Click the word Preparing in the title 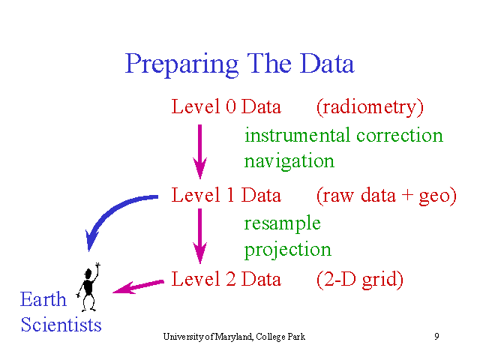click(x=181, y=65)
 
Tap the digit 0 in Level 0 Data click(x=231, y=106)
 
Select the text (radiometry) click(x=370, y=108)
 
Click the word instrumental click(x=297, y=135)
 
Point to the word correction click(x=400, y=136)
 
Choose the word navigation click(x=289, y=161)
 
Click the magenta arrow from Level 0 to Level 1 click(x=200, y=151)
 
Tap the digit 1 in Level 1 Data click(x=231, y=195)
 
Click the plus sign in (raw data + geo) click(x=407, y=195)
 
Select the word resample click(x=282, y=223)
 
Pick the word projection click(x=288, y=250)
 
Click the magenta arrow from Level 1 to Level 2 click(x=200, y=236)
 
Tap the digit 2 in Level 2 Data click(x=231, y=279)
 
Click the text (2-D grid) click(x=360, y=280)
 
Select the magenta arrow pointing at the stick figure click(x=138, y=286)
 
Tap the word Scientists click(x=61, y=325)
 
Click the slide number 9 click(x=436, y=337)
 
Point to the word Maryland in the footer click(x=233, y=337)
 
